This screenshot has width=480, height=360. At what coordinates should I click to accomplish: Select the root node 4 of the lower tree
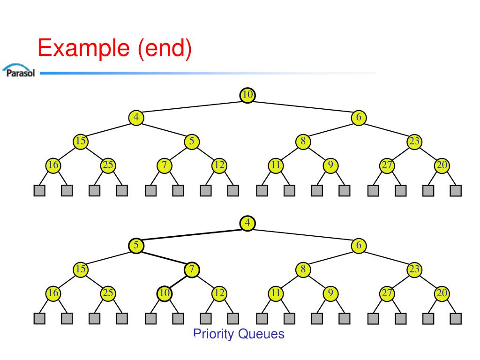point(247,223)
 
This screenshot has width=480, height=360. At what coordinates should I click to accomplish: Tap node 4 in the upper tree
point(136,117)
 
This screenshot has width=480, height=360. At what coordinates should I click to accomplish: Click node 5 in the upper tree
point(192,142)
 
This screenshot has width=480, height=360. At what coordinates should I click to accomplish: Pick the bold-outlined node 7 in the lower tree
point(192,270)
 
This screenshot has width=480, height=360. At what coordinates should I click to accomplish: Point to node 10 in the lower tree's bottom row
point(164,293)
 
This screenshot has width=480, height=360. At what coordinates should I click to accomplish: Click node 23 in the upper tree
point(414,142)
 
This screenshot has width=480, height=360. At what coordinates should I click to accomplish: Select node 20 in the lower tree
point(442,293)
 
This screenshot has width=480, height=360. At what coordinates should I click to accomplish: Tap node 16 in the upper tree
point(53,165)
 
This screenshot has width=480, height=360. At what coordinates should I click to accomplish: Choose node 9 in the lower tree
point(330,293)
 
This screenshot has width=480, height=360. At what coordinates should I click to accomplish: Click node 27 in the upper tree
point(387,165)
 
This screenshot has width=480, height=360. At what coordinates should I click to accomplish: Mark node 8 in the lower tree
point(303,270)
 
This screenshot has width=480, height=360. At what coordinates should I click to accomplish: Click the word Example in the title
point(84,48)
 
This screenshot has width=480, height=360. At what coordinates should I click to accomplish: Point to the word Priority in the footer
point(214,334)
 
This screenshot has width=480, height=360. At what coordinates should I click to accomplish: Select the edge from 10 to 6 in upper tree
point(303,106)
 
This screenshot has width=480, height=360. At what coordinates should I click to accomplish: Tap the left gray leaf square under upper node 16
point(39,191)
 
